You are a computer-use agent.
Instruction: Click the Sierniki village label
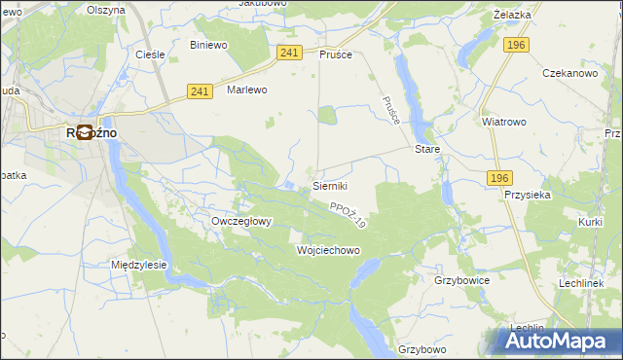point(331,185)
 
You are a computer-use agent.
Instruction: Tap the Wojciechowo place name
point(328,250)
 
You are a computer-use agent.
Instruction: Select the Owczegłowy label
point(241,221)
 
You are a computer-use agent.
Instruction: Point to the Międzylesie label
point(139,265)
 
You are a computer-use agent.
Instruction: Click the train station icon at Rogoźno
point(85,133)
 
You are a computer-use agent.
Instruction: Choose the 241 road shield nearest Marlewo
point(200,90)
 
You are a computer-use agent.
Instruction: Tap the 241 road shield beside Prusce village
point(288,53)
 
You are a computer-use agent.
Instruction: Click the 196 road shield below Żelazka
point(516,45)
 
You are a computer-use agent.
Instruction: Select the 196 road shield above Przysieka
point(499,177)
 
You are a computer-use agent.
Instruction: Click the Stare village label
point(428,150)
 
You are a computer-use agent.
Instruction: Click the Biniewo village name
point(208,45)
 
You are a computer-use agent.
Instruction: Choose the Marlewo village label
point(246,90)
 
